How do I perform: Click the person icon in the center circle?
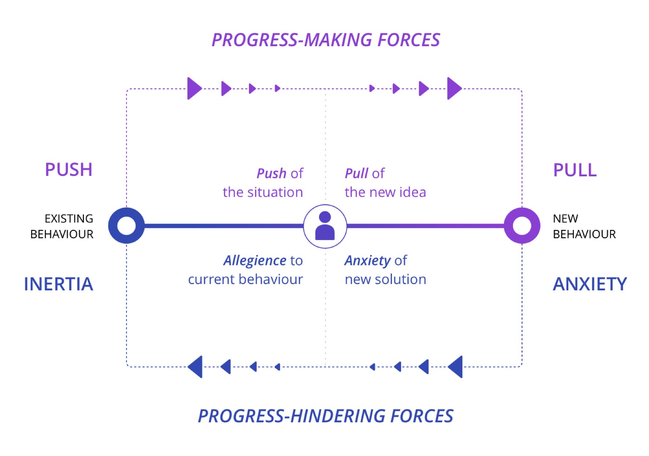(325, 226)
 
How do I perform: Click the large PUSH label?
(69, 170)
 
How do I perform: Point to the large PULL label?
(575, 170)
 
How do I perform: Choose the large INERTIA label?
(59, 284)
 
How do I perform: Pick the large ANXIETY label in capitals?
(590, 284)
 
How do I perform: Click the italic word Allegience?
(255, 261)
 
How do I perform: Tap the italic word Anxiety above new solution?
(367, 261)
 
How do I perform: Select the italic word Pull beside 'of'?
(356, 173)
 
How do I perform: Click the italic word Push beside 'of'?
(271, 173)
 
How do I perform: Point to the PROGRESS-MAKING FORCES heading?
(326, 40)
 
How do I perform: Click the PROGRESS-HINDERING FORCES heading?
(326, 416)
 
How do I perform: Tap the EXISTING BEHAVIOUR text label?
(62, 226)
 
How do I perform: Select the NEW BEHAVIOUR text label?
(584, 226)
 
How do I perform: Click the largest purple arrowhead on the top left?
(194, 88)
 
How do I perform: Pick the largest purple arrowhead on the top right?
(454, 88)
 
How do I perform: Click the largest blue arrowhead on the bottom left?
(196, 367)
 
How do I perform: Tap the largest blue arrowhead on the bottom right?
(456, 367)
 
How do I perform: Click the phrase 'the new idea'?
(385, 192)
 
